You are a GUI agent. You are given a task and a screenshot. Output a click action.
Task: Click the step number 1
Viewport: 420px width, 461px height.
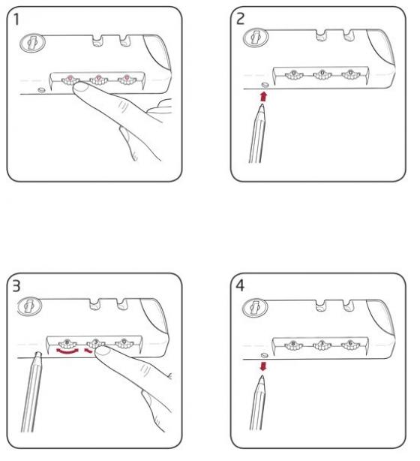coord(16,20)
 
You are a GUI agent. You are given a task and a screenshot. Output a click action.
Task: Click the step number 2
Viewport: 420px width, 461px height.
coord(240,19)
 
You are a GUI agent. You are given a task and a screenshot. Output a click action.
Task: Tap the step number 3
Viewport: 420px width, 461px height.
coord(16,286)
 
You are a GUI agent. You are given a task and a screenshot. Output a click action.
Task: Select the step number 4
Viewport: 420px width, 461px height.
coord(240,285)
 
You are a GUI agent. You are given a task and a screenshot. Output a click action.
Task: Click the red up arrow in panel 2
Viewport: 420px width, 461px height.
coord(264,96)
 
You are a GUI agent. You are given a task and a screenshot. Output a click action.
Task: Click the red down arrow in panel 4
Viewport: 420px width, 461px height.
coord(263,366)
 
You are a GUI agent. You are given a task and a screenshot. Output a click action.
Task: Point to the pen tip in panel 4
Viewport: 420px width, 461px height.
coord(262,377)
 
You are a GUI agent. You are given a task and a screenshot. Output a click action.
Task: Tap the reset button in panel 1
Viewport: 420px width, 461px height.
coord(41,89)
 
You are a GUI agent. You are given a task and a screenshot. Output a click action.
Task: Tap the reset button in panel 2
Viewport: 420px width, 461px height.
coord(265,85)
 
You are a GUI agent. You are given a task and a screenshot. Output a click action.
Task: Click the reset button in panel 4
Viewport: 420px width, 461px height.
coord(264,355)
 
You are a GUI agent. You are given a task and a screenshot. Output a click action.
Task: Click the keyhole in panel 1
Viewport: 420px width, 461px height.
coord(32,43)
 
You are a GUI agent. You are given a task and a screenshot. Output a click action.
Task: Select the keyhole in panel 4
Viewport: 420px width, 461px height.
coord(255,308)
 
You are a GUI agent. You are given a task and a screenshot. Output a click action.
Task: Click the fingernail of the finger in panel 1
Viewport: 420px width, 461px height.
coord(81,88)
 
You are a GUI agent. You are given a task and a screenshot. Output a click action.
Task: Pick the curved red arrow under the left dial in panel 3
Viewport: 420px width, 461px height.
coord(67,351)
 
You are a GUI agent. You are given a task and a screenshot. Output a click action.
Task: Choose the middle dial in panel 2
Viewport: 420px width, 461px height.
coord(322,75)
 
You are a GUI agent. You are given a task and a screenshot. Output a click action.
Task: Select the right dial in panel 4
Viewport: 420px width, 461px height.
coord(350,345)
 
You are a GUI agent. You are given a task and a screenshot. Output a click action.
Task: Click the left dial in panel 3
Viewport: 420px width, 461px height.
coord(67,343)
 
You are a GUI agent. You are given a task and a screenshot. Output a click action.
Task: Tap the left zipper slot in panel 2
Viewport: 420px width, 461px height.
coord(321,35)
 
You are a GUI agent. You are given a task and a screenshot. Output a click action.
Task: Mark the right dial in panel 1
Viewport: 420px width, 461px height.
coord(127,80)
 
